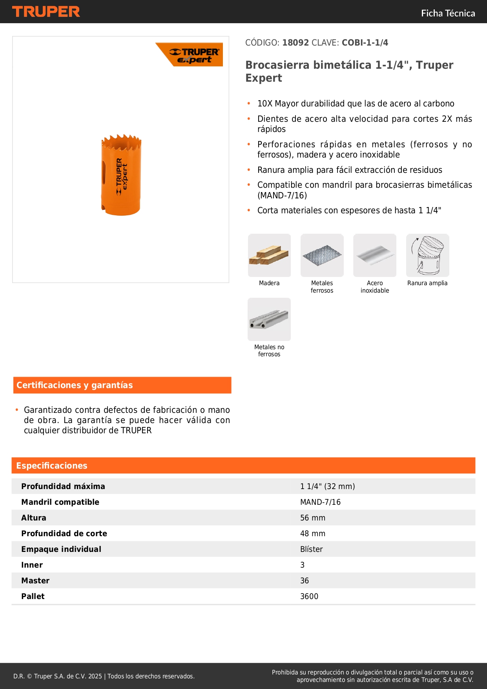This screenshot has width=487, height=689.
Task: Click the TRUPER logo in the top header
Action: coord(46,12)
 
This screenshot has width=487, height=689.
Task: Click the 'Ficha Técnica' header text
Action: coord(448,13)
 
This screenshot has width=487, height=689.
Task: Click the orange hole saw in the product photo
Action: coord(121,175)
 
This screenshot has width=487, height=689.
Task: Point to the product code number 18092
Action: coord(295,43)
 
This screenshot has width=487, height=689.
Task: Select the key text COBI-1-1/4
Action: coord(365,43)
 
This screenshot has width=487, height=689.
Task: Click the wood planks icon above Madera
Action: coord(269,255)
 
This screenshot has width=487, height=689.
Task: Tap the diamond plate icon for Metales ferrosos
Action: coord(322,255)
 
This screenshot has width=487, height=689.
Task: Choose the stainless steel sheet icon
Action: coord(375,255)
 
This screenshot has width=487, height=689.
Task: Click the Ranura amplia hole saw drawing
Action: coord(427,255)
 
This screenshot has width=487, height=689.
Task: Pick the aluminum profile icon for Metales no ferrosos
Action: coord(269,319)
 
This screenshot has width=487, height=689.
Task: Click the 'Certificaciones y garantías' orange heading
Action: coord(75,385)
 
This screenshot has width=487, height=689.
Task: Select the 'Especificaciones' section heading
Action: coord(52,466)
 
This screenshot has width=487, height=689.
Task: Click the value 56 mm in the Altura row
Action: coord(313,518)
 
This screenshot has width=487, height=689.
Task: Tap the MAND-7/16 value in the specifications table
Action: coord(320,502)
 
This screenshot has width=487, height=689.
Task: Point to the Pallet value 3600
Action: coord(309,596)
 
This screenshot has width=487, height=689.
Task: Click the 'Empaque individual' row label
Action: coord(61,549)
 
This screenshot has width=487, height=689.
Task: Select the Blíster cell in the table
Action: coord(312,549)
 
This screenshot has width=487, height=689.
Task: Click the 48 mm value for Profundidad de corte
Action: coord(313,533)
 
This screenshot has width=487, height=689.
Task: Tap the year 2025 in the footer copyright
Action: coord(95,676)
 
